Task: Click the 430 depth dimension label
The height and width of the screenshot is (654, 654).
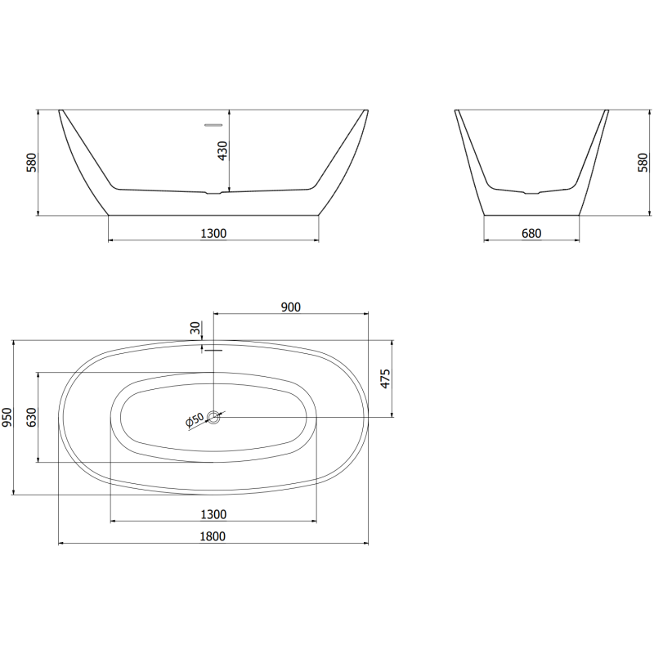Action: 222,150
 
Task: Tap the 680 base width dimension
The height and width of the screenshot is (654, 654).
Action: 531,233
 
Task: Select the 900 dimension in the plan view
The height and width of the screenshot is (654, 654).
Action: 291,307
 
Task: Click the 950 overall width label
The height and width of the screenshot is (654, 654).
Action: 8,417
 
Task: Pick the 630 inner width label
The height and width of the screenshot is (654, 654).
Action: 32,417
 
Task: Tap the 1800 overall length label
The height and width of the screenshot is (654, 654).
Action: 213,536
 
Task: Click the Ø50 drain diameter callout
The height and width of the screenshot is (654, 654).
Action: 195,420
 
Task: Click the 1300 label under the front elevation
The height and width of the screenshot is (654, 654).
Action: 213,233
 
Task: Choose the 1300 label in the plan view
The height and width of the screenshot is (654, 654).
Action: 213,514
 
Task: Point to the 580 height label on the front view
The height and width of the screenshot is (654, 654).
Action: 32,162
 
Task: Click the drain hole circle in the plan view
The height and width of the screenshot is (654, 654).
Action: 214,418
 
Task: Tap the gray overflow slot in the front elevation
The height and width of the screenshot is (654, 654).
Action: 213,125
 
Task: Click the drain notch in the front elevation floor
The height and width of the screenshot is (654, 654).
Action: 213,194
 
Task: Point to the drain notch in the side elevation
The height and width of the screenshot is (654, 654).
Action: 532,194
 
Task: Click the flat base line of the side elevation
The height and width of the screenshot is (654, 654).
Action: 532,216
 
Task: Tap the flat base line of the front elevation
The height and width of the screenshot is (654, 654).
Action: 213,216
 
